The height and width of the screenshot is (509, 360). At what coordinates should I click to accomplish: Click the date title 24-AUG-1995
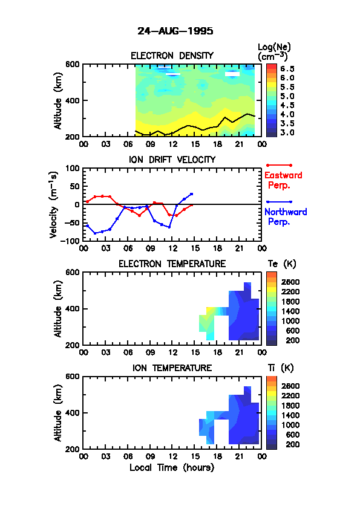point(175,31)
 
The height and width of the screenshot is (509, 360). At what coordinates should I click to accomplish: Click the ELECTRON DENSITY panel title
point(172,56)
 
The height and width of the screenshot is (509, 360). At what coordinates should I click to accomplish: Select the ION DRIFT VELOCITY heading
point(172,160)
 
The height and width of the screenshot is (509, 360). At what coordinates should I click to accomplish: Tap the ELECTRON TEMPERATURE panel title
point(172,264)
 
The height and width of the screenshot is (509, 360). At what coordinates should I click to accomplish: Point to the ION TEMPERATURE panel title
point(172,368)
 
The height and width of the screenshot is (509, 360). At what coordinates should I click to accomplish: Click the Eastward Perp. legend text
point(283,180)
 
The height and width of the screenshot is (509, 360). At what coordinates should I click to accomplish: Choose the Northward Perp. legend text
point(285,217)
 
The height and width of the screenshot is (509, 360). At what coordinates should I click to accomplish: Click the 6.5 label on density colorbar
point(287,69)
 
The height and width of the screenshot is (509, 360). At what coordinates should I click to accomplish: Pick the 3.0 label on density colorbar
point(287,132)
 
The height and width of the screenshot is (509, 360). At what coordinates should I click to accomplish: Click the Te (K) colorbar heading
point(282,264)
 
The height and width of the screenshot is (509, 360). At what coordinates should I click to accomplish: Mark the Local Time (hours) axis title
point(172,468)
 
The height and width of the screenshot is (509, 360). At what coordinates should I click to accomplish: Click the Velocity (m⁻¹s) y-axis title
point(54,205)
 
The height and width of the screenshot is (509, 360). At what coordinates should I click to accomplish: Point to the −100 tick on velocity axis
point(72,241)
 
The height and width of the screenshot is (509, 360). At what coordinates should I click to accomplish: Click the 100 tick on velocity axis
point(73,168)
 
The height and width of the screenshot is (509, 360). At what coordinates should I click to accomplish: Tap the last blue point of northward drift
point(191,194)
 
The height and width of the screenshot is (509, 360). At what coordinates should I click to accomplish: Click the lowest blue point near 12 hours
point(169,227)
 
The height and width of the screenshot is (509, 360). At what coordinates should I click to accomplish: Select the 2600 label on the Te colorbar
point(290,282)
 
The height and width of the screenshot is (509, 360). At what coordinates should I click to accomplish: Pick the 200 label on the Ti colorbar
point(293,444)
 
